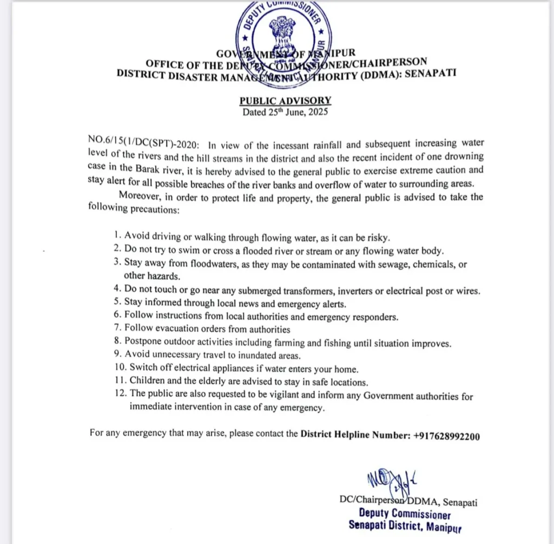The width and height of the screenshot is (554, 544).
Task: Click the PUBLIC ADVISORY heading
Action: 285,101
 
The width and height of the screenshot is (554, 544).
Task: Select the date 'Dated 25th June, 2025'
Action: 285,113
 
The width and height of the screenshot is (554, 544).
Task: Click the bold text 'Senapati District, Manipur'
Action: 405,526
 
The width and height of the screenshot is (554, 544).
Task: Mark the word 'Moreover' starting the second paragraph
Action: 138,196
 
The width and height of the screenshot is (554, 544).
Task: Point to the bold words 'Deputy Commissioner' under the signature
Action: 404,514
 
